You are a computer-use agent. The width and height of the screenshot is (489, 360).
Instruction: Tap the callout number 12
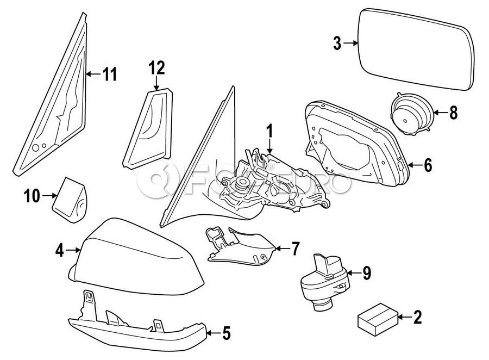(156, 67)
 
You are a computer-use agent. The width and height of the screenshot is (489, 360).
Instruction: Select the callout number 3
(337, 43)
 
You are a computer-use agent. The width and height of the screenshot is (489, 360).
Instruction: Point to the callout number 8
(453, 113)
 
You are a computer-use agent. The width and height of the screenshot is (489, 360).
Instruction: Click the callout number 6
(428, 165)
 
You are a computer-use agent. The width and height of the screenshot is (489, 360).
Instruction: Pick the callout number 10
(32, 195)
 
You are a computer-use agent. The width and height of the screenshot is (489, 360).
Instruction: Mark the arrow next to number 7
(279, 249)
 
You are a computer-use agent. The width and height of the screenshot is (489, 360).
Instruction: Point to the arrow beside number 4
(75, 250)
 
